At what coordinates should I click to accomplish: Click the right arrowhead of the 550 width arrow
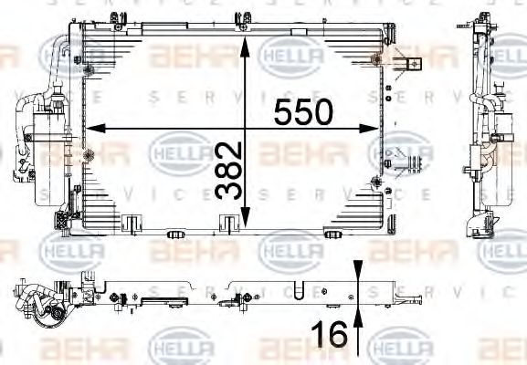pyautogui.click(x=400, y=130)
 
